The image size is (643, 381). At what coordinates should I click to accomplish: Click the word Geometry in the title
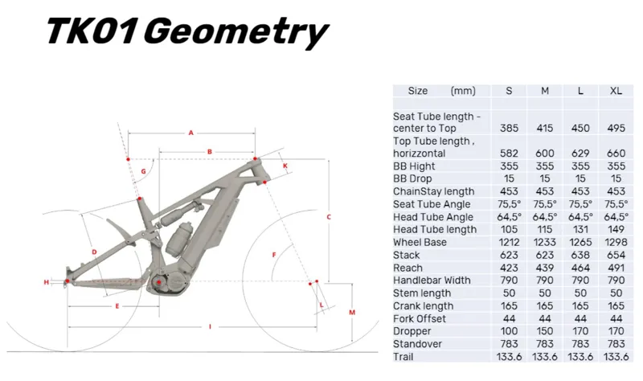pyautogui.click(x=236, y=32)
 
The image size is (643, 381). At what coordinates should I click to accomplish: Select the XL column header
pyautogui.click(x=616, y=91)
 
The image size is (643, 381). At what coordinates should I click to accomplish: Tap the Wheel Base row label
pyautogui.click(x=420, y=243)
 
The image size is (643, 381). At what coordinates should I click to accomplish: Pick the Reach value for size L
pyautogui.click(x=580, y=268)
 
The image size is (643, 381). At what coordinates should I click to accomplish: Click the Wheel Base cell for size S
pyautogui.click(x=509, y=243)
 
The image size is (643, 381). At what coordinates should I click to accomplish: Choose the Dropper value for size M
pyautogui.click(x=545, y=331)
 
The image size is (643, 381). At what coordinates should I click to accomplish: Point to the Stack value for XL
pyautogui.click(x=616, y=255)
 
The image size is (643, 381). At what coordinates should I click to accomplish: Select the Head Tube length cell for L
pyautogui.click(x=580, y=230)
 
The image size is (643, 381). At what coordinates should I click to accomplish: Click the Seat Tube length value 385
pyautogui.click(x=509, y=129)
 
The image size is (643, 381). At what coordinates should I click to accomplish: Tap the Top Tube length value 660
pyautogui.click(x=616, y=154)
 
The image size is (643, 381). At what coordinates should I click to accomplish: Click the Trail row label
pyautogui.click(x=403, y=357)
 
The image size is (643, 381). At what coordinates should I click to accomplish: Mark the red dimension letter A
pyautogui.click(x=190, y=133)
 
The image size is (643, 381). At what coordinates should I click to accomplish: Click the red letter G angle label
pyautogui.click(x=144, y=171)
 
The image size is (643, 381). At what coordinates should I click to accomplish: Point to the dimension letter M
pyautogui.click(x=352, y=313)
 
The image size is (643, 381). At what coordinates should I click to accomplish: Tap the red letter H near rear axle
pyautogui.click(x=47, y=282)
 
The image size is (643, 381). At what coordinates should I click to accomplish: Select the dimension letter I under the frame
pyautogui.click(x=210, y=327)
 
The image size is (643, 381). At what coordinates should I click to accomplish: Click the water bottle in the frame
pyautogui.click(x=178, y=239)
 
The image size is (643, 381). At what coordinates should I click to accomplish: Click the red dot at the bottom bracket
pyautogui.click(x=159, y=282)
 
